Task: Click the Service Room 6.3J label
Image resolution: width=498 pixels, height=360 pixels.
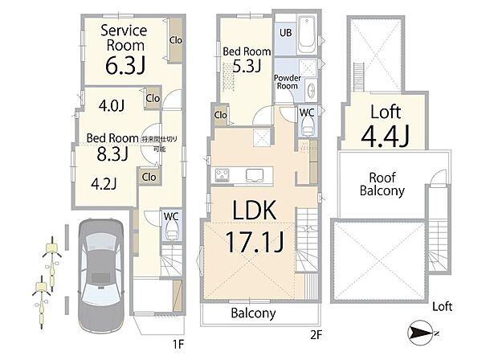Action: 122,47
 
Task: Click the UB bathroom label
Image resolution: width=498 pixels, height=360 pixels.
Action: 285,33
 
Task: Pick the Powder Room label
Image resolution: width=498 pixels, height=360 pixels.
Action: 287,82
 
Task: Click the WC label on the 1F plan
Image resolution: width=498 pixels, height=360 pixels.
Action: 170,215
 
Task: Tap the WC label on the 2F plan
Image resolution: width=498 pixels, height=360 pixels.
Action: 306,112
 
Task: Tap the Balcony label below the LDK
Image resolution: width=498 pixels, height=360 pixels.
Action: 253,313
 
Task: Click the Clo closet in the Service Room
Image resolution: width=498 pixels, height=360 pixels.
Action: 174,39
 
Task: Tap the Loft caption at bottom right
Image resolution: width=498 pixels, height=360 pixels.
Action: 442,307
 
